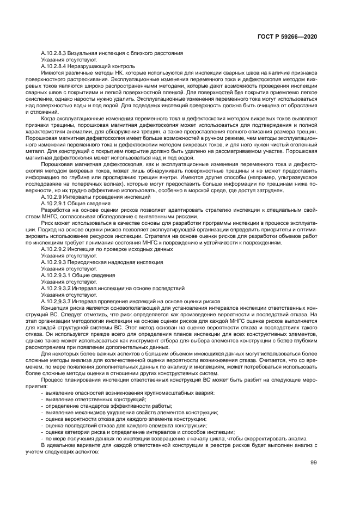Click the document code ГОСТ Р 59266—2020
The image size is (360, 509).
(x=286, y=36)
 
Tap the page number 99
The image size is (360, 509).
(x=313, y=463)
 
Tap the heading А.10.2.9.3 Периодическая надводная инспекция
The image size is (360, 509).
(x=102, y=262)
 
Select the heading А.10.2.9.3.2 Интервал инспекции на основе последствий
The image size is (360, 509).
(x=113, y=288)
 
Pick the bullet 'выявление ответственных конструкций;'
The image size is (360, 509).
(x=96, y=399)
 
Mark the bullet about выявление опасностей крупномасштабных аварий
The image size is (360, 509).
(x=130, y=393)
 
